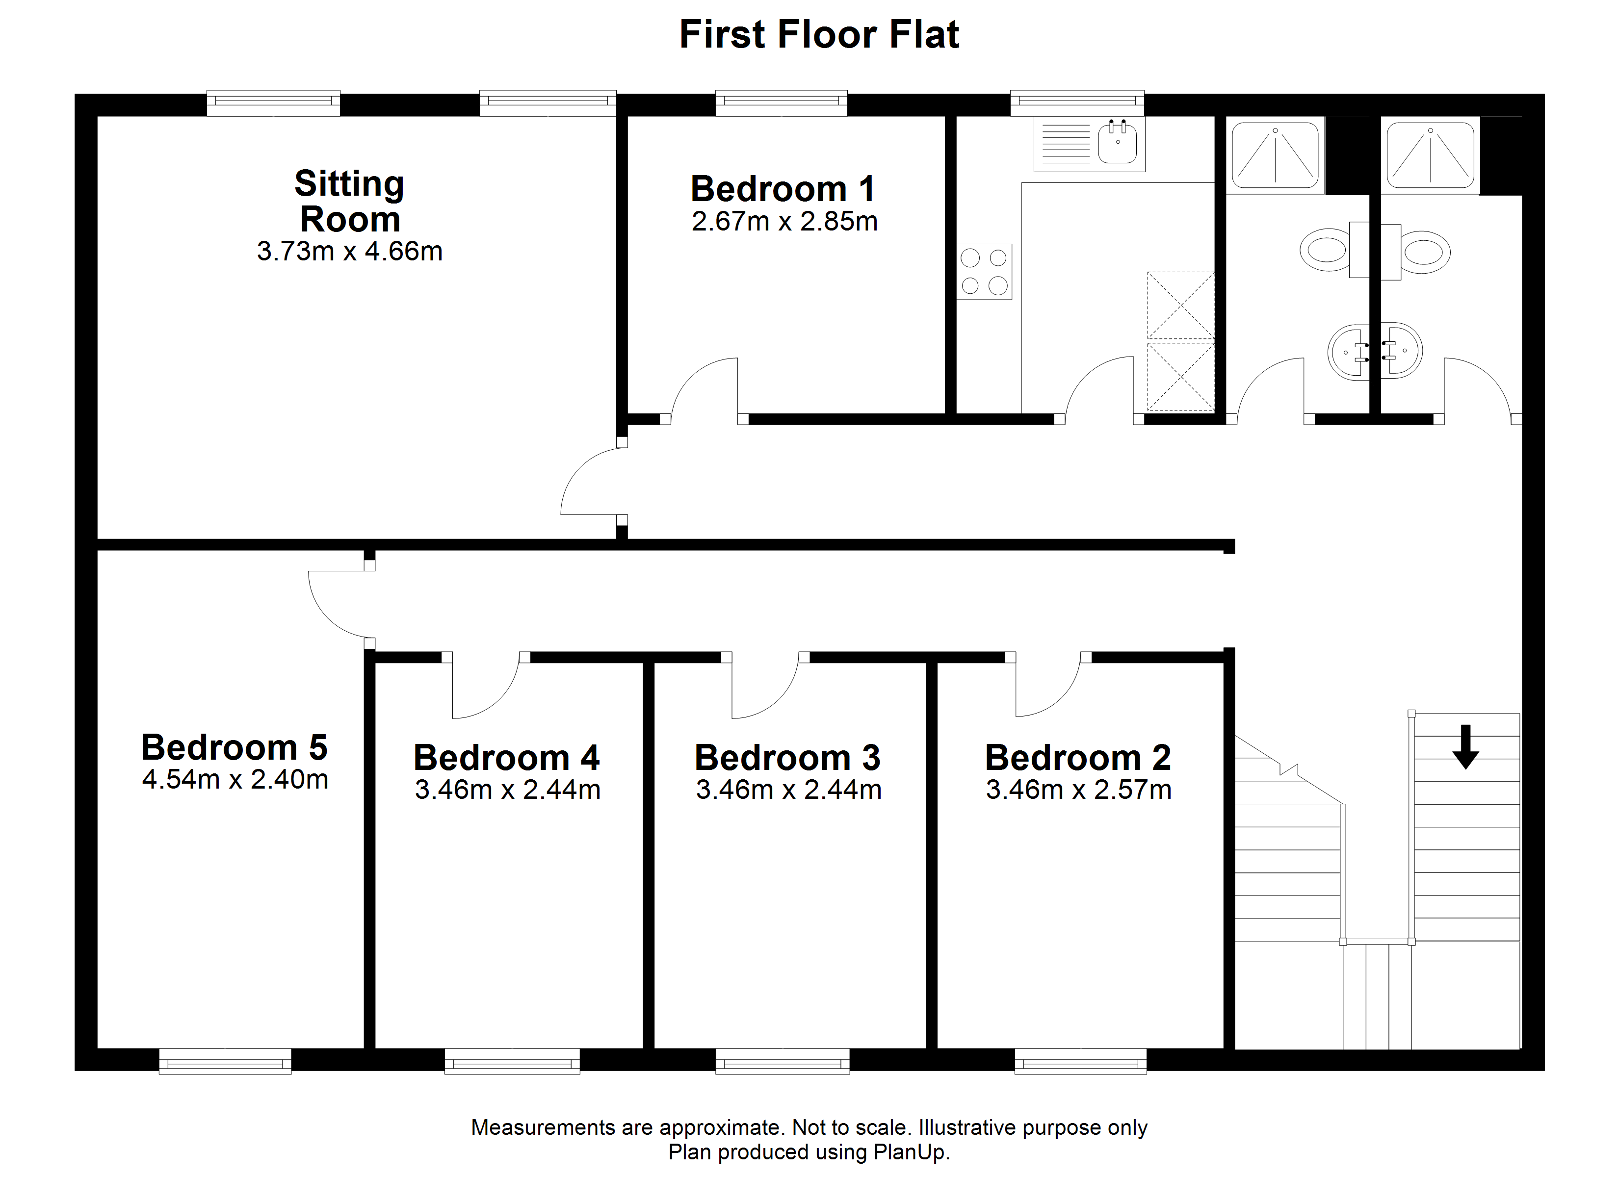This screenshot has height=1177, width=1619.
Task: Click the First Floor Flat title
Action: (819, 34)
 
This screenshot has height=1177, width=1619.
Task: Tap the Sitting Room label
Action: (350, 201)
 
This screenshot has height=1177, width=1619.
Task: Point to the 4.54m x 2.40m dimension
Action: (235, 779)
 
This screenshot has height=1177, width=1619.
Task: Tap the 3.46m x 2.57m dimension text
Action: (1079, 790)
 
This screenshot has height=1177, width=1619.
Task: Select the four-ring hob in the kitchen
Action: (984, 271)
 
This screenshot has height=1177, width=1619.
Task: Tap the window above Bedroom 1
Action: (782, 103)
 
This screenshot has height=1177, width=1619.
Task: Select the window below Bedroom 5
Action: (225, 1061)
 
